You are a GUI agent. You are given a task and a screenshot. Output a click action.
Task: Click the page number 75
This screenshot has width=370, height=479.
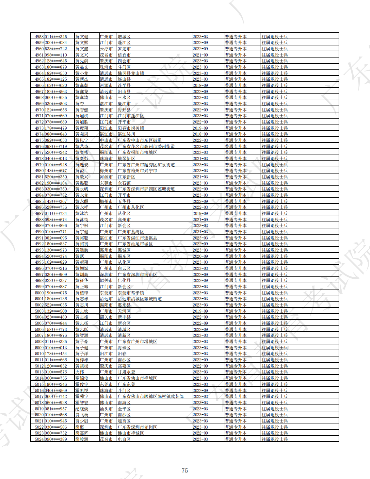tap(185, 471)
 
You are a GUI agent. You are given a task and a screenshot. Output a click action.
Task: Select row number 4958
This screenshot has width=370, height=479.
tap(39, 37)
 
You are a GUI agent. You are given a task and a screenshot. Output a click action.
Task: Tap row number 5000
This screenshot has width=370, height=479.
tap(39, 293)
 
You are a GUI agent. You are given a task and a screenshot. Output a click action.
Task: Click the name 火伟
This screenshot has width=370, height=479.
tap(80, 372)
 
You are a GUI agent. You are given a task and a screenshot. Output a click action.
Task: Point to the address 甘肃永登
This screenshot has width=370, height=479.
tap(126, 372)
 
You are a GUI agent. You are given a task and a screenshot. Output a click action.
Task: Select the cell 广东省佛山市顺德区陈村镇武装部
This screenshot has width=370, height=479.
tap(151, 396)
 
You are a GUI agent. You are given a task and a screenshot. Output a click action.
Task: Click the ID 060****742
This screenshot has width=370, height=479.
tap(56, 396)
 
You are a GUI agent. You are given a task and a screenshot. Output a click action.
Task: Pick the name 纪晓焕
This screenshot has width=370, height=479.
tap(82, 409)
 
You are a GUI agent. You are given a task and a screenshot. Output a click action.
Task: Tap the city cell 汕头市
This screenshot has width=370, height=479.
tap(106, 409)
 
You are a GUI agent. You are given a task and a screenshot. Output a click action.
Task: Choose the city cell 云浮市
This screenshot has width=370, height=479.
tap(106, 49)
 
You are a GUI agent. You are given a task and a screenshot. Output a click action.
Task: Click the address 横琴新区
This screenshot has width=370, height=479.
tap(126, 158)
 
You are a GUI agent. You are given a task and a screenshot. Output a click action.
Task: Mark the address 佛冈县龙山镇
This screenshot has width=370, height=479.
tap(131, 73)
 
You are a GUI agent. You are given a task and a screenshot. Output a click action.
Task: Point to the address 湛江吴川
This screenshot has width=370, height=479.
tap(126, 134)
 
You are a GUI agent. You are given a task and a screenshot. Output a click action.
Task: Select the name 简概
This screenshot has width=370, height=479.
tap(80, 427)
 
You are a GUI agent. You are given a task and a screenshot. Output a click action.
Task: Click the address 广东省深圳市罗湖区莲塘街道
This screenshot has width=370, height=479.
tap(146, 189)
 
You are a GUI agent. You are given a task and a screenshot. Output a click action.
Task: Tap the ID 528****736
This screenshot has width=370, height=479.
tap(56, 207)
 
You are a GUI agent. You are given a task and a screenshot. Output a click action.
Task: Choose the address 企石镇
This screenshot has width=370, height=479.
tap(124, 183)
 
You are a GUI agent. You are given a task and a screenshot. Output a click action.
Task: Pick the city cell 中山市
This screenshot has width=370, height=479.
tap(106, 140)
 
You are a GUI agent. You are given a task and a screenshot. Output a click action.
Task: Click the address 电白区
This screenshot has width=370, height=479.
tap(124, 439)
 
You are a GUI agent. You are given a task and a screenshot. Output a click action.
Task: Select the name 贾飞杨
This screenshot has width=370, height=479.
tap(82, 415)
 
